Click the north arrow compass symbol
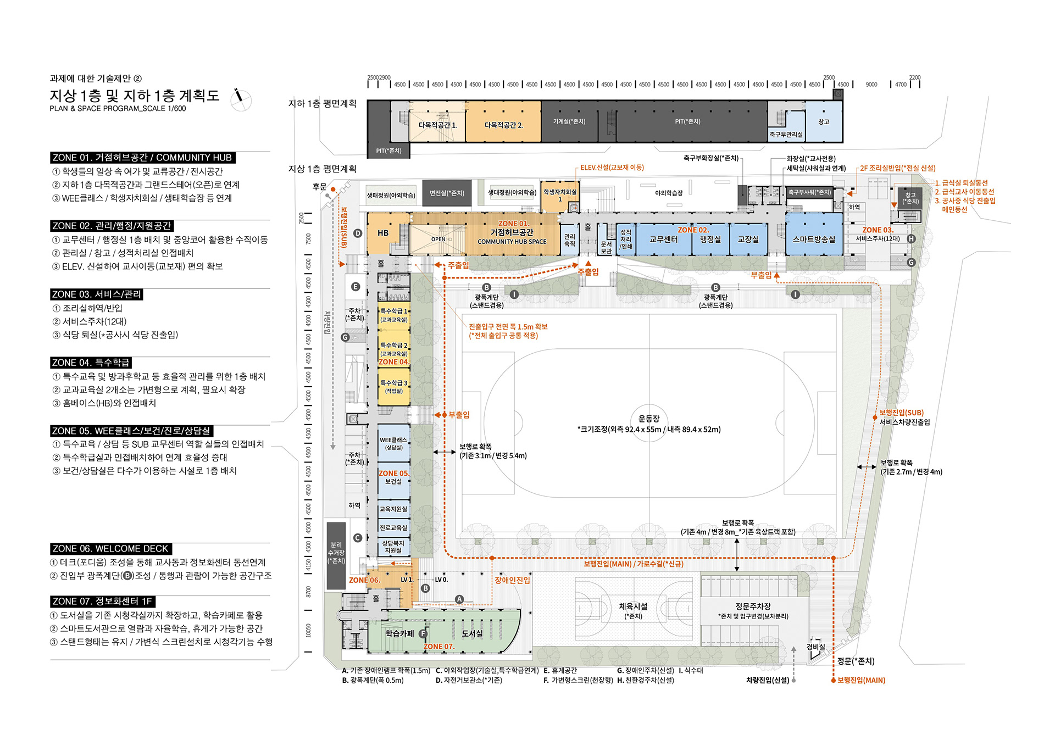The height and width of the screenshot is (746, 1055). pyautogui.click(x=240, y=99)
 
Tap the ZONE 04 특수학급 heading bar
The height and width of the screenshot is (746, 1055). pyautogui.click(x=91, y=363)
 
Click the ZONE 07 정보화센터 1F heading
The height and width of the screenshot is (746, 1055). pyautogui.click(x=102, y=601)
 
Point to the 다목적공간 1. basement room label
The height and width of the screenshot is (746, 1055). pyautogui.click(x=437, y=125)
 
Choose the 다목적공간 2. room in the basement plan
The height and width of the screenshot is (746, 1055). pyautogui.click(x=503, y=125)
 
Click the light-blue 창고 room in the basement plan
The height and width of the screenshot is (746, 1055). pyautogui.click(x=823, y=122)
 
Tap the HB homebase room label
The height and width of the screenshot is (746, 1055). pyautogui.click(x=383, y=233)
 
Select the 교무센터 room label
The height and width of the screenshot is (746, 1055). pyautogui.click(x=663, y=240)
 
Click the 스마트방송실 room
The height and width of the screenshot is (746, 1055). pyautogui.click(x=814, y=240)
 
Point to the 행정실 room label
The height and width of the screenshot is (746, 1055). pyautogui.click(x=710, y=240)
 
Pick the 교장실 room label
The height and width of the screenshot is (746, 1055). pyautogui.click(x=748, y=240)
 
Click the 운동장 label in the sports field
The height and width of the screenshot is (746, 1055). pyautogui.click(x=648, y=419)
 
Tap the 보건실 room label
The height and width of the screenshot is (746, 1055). pyautogui.click(x=393, y=482)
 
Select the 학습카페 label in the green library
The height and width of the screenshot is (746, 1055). pyautogui.click(x=399, y=633)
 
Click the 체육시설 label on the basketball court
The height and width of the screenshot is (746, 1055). pyautogui.click(x=633, y=606)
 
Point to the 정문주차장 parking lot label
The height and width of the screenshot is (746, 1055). pyautogui.click(x=753, y=606)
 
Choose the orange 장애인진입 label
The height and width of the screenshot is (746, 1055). pyautogui.click(x=512, y=580)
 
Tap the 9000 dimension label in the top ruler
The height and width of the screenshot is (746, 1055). pyautogui.click(x=871, y=85)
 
